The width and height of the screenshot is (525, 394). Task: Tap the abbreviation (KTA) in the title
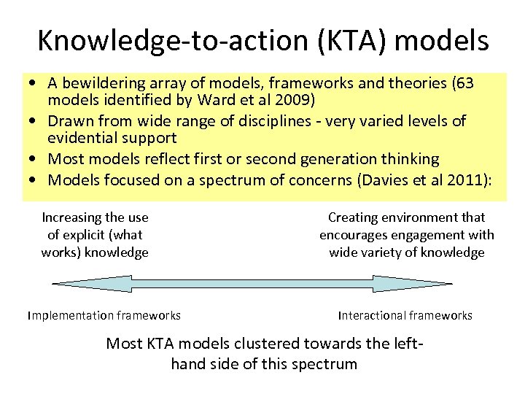(344, 41)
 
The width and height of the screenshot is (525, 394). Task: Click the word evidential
(82, 138)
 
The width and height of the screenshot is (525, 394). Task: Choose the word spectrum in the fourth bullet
(222, 179)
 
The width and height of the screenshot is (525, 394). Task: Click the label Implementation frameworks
(104, 315)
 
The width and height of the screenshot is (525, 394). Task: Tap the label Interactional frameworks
(405, 315)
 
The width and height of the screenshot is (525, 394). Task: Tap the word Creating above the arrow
(353, 217)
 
